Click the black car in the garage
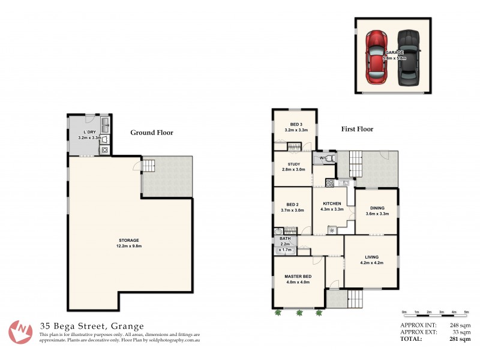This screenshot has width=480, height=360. [x=409, y=58]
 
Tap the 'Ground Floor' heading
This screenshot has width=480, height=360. [x=152, y=133]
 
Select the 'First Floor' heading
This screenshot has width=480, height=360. [x=357, y=129]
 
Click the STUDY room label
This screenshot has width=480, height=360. [x=293, y=164]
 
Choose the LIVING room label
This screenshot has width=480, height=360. [x=371, y=257]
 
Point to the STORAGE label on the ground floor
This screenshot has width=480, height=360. [x=129, y=241]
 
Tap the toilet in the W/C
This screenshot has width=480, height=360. [x=331, y=158]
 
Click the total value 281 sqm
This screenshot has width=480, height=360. [x=459, y=338]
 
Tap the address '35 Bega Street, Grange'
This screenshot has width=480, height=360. [x=91, y=326]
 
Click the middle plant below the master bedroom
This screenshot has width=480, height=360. [x=299, y=312]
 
